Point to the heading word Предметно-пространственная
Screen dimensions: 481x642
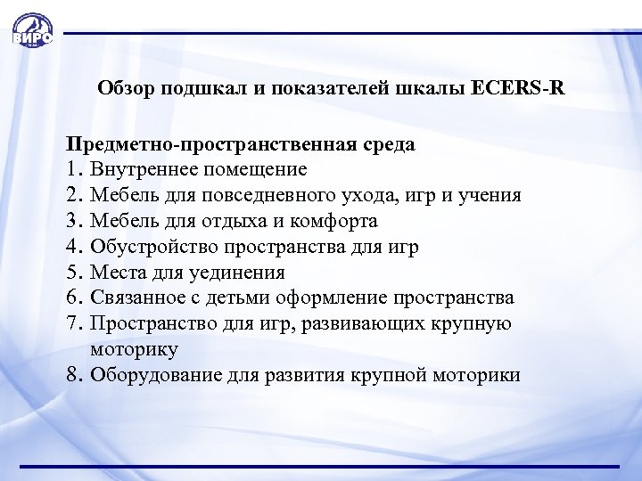click(x=214, y=143)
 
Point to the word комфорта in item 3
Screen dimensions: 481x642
click(x=334, y=221)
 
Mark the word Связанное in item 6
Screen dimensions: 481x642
click(x=143, y=298)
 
